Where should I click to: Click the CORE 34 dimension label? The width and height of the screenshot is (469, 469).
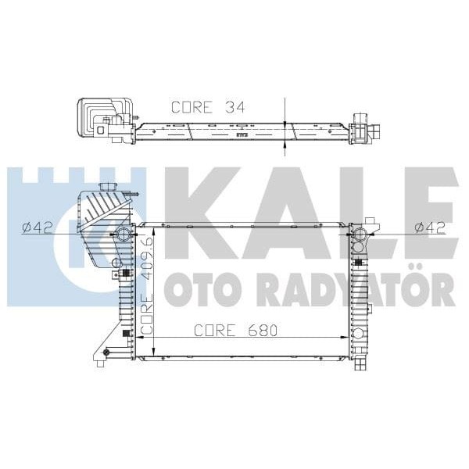click(x=207, y=108)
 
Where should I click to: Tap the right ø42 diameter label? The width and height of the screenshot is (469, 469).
click(x=430, y=227)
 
